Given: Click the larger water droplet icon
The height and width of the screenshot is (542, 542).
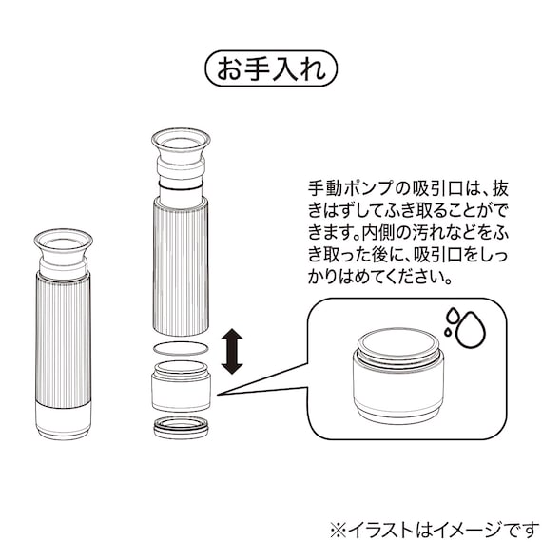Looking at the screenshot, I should click(469, 331).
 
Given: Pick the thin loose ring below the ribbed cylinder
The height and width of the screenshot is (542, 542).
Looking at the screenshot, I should click(181, 349).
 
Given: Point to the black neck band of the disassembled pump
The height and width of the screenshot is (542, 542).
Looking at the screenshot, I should click(181, 188).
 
